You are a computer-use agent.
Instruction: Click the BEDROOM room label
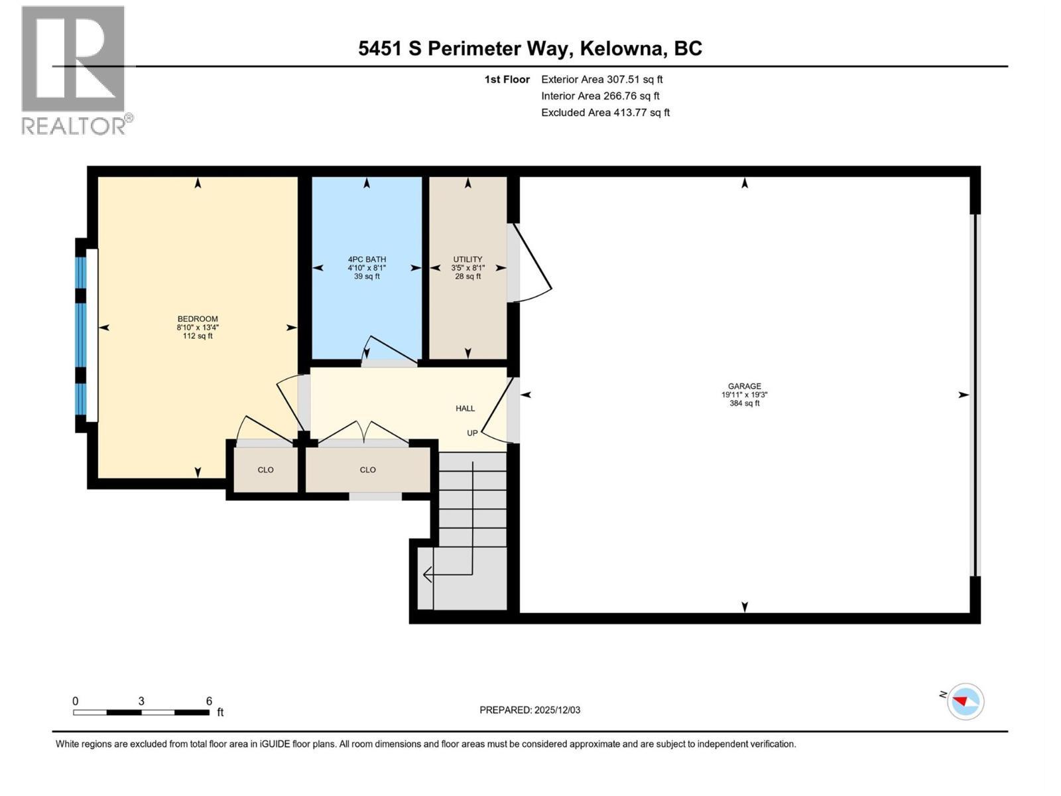click(x=197, y=319)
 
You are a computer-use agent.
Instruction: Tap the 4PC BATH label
click(x=367, y=259)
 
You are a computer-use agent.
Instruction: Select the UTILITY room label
click(x=468, y=259)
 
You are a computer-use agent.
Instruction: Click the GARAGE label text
click(x=744, y=386)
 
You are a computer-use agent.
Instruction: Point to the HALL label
click(x=465, y=409)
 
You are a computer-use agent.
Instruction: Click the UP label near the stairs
click(x=472, y=433)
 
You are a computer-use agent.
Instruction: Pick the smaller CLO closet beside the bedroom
click(x=265, y=470)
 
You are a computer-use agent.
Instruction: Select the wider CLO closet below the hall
click(x=367, y=470)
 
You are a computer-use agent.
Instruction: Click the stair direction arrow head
click(x=427, y=574)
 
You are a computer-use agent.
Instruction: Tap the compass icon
click(x=966, y=701)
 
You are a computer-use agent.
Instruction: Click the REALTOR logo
click(x=74, y=70)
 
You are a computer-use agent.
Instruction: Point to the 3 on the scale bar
click(x=141, y=701)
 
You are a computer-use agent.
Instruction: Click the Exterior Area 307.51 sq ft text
click(x=601, y=80)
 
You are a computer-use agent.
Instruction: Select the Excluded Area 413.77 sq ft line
click(x=605, y=113)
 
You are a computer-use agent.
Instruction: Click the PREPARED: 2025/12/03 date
click(x=530, y=710)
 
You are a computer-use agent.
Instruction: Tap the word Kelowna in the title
click(x=622, y=48)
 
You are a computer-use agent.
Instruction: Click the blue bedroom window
click(x=81, y=335)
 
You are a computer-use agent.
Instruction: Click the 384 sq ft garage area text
click(x=744, y=403)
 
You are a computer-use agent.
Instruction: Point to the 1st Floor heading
click(x=507, y=80)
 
